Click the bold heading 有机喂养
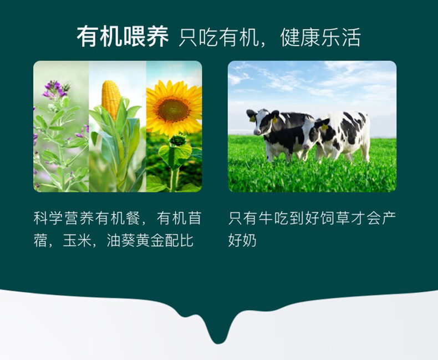click(123, 37)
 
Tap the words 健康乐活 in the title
click(320, 37)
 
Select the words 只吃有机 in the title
click(218, 37)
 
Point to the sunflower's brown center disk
click(172, 109)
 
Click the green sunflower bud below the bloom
click(177, 140)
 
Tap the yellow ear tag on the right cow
click(324, 127)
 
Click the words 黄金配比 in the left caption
click(165, 240)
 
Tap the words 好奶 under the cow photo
click(242, 240)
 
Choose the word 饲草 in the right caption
click(334, 219)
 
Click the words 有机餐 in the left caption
click(117, 219)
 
